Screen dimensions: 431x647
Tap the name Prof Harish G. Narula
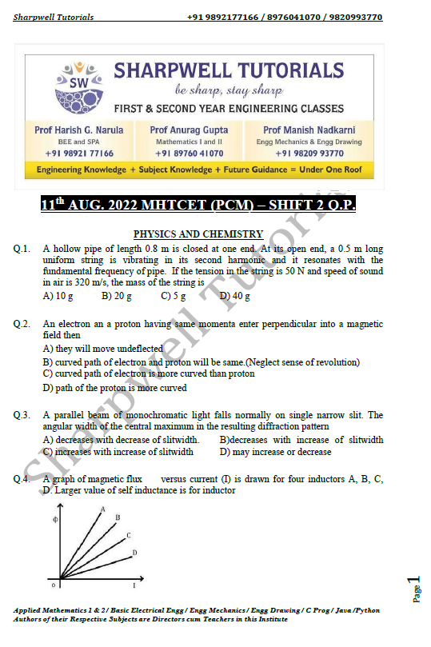pos(74,130)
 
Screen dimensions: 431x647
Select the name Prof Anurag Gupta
pos(189,130)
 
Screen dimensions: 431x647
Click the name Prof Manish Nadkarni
pos(309,130)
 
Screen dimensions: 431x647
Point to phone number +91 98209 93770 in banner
pos(309,153)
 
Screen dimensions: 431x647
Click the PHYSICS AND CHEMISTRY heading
pos(198,234)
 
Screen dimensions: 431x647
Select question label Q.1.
pos(22,249)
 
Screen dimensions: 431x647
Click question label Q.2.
pos(22,324)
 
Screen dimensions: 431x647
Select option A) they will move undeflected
pos(102,349)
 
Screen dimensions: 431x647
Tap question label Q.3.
pos(22,415)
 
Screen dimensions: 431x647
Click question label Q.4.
pos(22,479)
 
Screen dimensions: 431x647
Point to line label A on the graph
pos(102,509)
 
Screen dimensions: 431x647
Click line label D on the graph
pos(134,552)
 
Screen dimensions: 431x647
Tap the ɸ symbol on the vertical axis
pos(55,520)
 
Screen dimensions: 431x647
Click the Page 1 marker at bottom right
pos(413,589)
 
